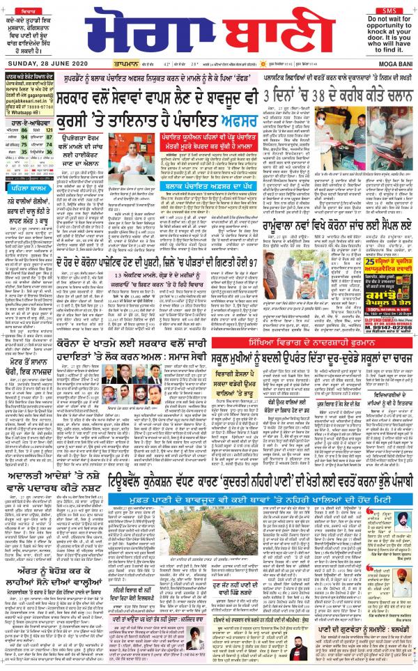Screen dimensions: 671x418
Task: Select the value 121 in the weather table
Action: (49, 130)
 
